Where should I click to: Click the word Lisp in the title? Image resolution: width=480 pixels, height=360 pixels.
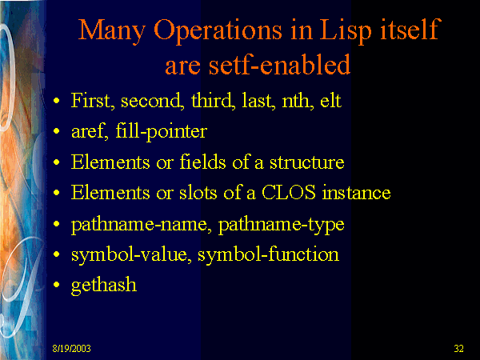(x=346, y=31)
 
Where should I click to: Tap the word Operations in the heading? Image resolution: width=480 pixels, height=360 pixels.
(x=218, y=31)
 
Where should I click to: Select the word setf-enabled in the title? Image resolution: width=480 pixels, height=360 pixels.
(x=279, y=64)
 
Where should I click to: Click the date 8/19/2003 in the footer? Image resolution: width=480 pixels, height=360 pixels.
(x=72, y=348)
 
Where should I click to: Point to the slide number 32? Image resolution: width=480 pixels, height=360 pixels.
(x=458, y=348)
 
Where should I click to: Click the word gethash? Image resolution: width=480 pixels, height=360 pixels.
(x=104, y=285)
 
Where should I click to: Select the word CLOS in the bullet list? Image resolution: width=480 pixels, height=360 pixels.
(x=288, y=193)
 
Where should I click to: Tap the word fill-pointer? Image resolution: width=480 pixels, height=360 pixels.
(x=162, y=132)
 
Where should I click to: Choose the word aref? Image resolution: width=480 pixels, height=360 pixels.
(x=90, y=132)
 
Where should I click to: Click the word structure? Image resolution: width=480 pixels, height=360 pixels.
(x=306, y=162)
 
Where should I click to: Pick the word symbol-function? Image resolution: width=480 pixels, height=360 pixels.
(x=268, y=254)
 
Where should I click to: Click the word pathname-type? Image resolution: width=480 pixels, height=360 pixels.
(x=281, y=225)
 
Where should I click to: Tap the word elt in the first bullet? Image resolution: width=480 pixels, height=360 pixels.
(x=330, y=100)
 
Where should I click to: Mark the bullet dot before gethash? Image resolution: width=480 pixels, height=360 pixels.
(x=56, y=285)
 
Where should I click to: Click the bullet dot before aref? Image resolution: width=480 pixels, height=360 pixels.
(x=56, y=131)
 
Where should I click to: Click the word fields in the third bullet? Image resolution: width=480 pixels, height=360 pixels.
(x=202, y=162)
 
